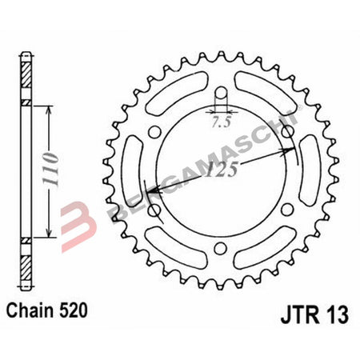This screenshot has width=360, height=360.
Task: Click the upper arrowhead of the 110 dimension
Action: (50, 107)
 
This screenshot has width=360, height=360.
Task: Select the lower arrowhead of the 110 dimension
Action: (50, 238)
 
